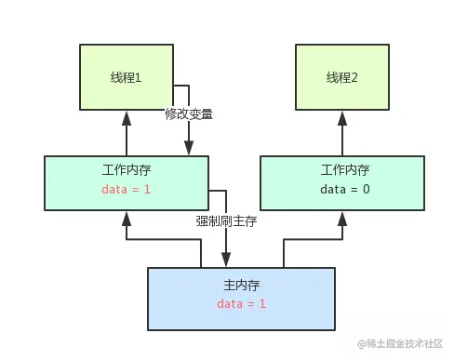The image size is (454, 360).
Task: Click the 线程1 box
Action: click(x=126, y=78)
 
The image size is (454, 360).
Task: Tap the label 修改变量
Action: click(x=189, y=114)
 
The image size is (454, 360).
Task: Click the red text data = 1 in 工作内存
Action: click(x=126, y=190)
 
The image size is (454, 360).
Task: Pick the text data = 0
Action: click(x=344, y=190)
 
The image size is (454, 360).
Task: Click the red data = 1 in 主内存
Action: click(x=241, y=304)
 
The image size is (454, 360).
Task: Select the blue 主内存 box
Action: click(x=241, y=298)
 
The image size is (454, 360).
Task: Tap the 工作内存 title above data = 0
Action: click(x=344, y=170)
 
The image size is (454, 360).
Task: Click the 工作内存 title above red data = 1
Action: click(x=126, y=170)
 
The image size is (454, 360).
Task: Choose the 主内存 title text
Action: click(x=241, y=285)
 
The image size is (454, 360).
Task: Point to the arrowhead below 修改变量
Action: click(x=189, y=148)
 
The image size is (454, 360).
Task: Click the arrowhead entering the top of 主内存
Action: click(x=226, y=258)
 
